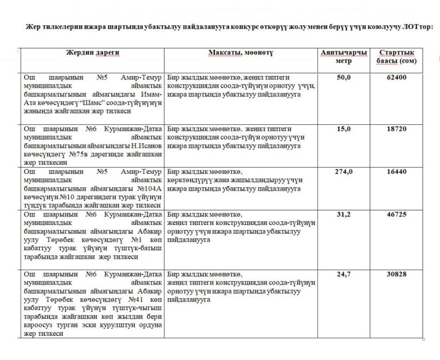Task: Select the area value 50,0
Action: [x=344, y=77]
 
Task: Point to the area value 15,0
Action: [x=344, y=129]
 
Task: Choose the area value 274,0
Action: [x=344, y=171]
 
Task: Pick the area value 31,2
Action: [x=344, y=214]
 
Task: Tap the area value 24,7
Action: [x=344, y=274]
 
